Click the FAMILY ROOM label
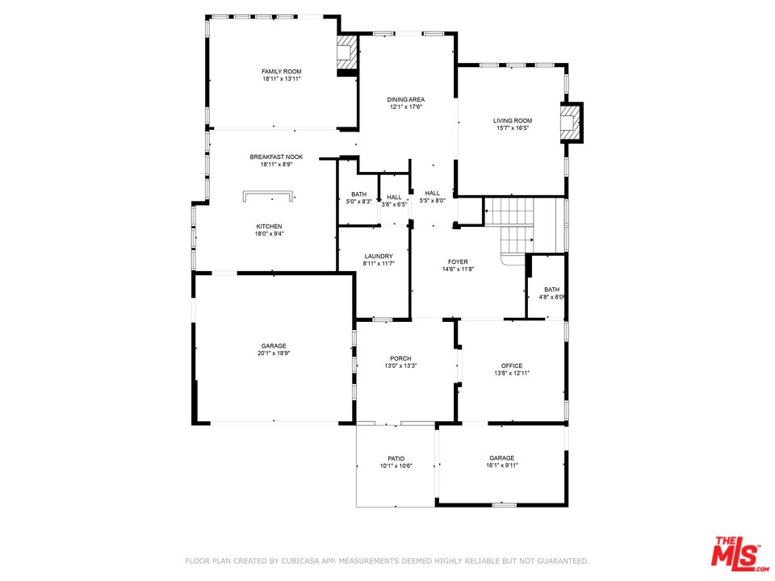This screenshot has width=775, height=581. (281, 72)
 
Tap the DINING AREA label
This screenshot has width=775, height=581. (406, 100)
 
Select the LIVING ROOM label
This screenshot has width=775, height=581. (513, 121)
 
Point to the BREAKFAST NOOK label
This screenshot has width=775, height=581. (276, 157)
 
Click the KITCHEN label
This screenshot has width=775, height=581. (269, 227)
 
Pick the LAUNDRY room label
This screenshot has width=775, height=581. (379, 257)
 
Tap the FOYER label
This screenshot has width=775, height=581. (459, 261)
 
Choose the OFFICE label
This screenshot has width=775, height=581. (512, 366)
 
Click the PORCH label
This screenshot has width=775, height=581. (400, 358)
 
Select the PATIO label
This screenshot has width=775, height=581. (396, 459)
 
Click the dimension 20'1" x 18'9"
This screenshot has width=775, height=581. (274, 353)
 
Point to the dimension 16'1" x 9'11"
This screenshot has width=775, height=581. (501, 466)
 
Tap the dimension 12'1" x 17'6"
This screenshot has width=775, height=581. (406, 107)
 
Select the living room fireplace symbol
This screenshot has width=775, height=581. (571, 123)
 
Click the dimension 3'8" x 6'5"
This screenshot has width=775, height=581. (394, 204)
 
